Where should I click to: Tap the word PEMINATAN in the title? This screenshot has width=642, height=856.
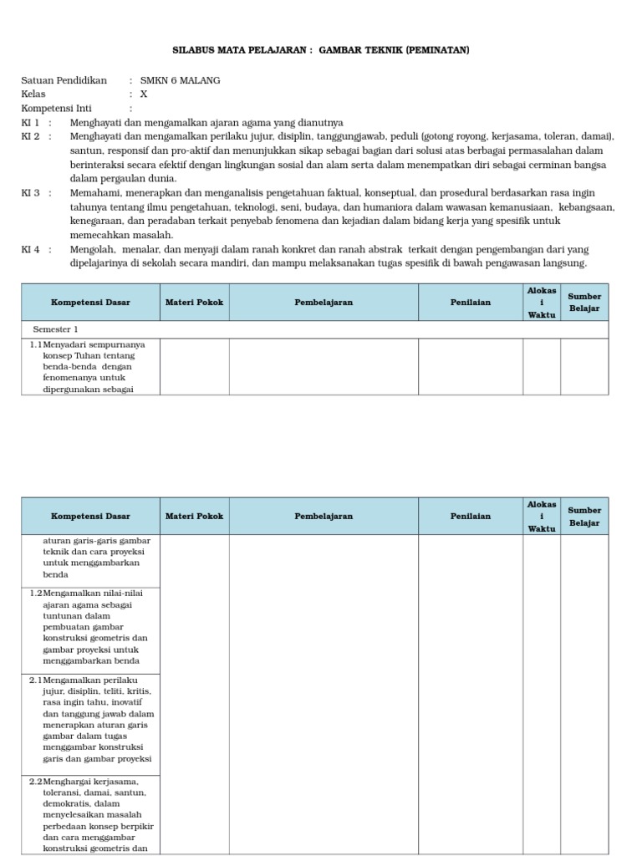click(437, 50)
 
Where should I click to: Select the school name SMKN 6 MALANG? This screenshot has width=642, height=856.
click(181, 80)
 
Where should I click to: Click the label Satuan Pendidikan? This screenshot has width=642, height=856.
click(64, 80)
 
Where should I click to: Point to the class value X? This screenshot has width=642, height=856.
click(144, 94)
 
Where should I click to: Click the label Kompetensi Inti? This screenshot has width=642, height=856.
click(56, 109)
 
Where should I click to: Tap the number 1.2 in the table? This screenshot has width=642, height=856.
click(35, 593)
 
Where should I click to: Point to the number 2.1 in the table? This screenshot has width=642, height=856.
click(35, 680)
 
